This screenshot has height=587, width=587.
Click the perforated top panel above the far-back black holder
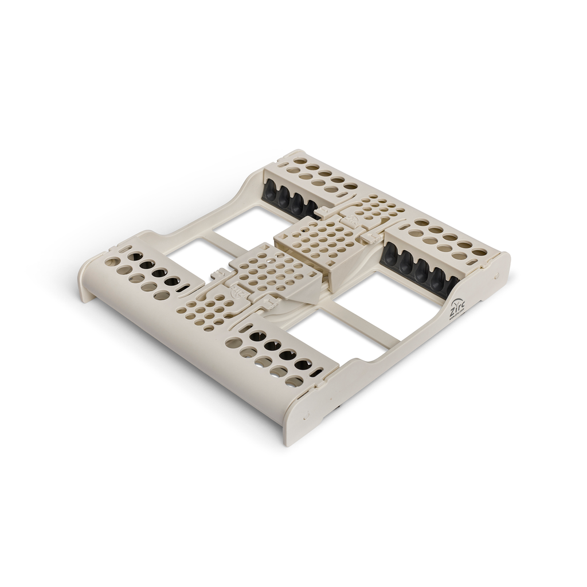click(315, 175)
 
